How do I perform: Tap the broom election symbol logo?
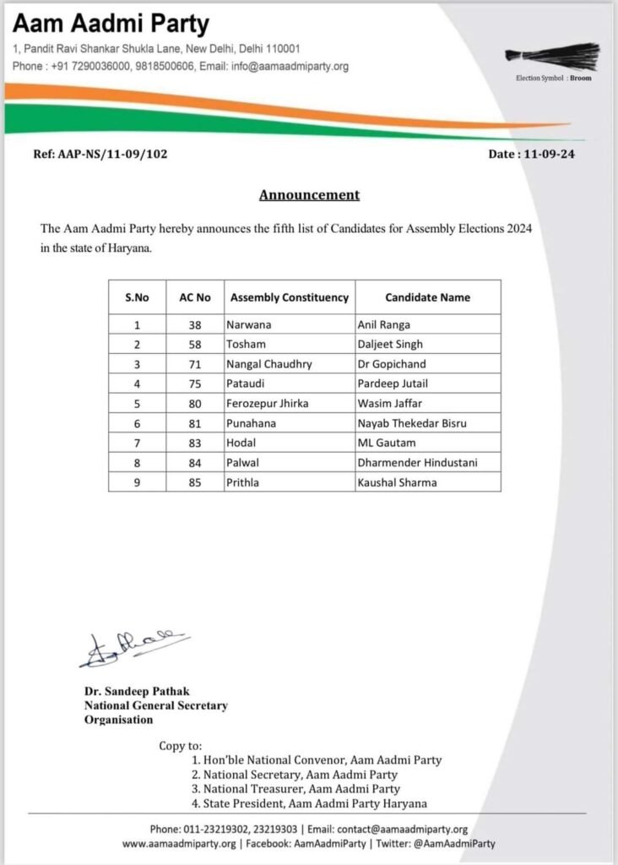tap(553, 58)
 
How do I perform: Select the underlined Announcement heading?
tap(309, 195)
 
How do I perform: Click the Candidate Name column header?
tap(427, 297)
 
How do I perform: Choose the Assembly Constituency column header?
tap(290, 297)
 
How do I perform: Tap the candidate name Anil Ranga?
tap(384, 324)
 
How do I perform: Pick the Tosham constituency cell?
tap(247, 344)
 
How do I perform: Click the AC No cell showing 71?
tap(195, 364)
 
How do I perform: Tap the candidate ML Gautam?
tap(387, 443)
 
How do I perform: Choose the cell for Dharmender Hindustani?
tap(416, 463)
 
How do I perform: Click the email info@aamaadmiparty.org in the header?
tap(287, 66)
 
